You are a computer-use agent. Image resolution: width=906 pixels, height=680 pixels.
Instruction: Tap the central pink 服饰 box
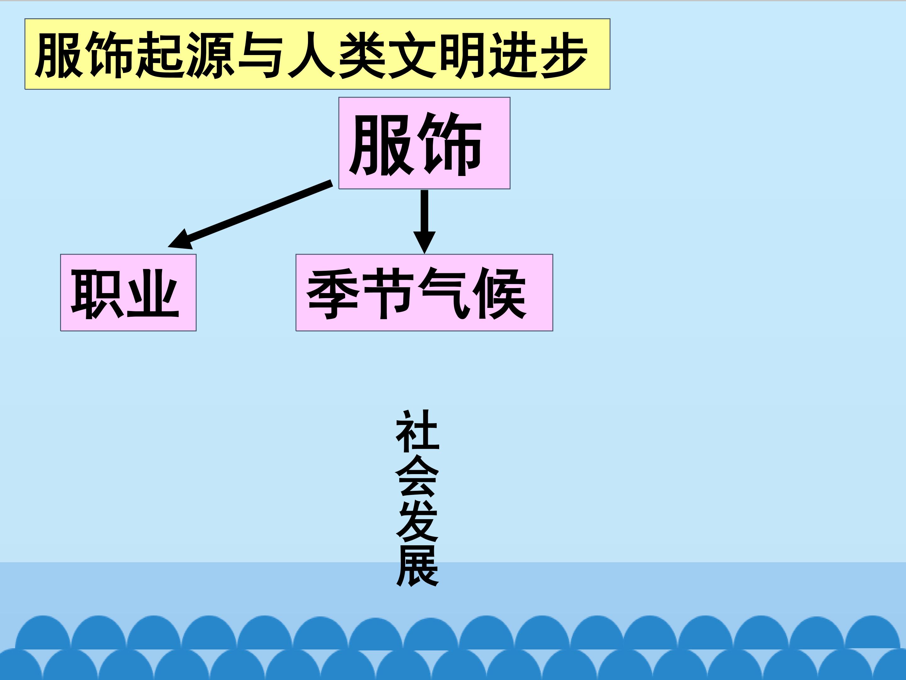(424, 143)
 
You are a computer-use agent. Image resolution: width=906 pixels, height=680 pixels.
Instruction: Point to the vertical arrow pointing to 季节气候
(424, 222)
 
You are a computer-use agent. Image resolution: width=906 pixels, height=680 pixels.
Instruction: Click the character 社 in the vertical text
(417, 431)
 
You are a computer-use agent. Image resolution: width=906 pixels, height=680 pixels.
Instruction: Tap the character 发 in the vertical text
(417, 521)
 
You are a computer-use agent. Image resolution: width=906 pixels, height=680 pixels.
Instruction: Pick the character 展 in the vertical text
(417, 566)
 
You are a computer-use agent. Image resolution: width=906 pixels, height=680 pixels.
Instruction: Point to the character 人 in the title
(312, 55)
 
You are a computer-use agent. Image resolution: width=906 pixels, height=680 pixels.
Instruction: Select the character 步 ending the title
(564, 55)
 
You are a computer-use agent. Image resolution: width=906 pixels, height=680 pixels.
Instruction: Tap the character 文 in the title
(412, 55)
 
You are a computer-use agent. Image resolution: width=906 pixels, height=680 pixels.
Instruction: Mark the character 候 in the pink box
(500, 293)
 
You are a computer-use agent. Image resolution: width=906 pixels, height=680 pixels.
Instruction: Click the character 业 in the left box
(153, 293)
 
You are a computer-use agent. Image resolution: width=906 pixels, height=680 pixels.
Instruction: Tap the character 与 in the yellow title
(261, 55)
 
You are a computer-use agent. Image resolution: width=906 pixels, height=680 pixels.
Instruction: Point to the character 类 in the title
(362, 55)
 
